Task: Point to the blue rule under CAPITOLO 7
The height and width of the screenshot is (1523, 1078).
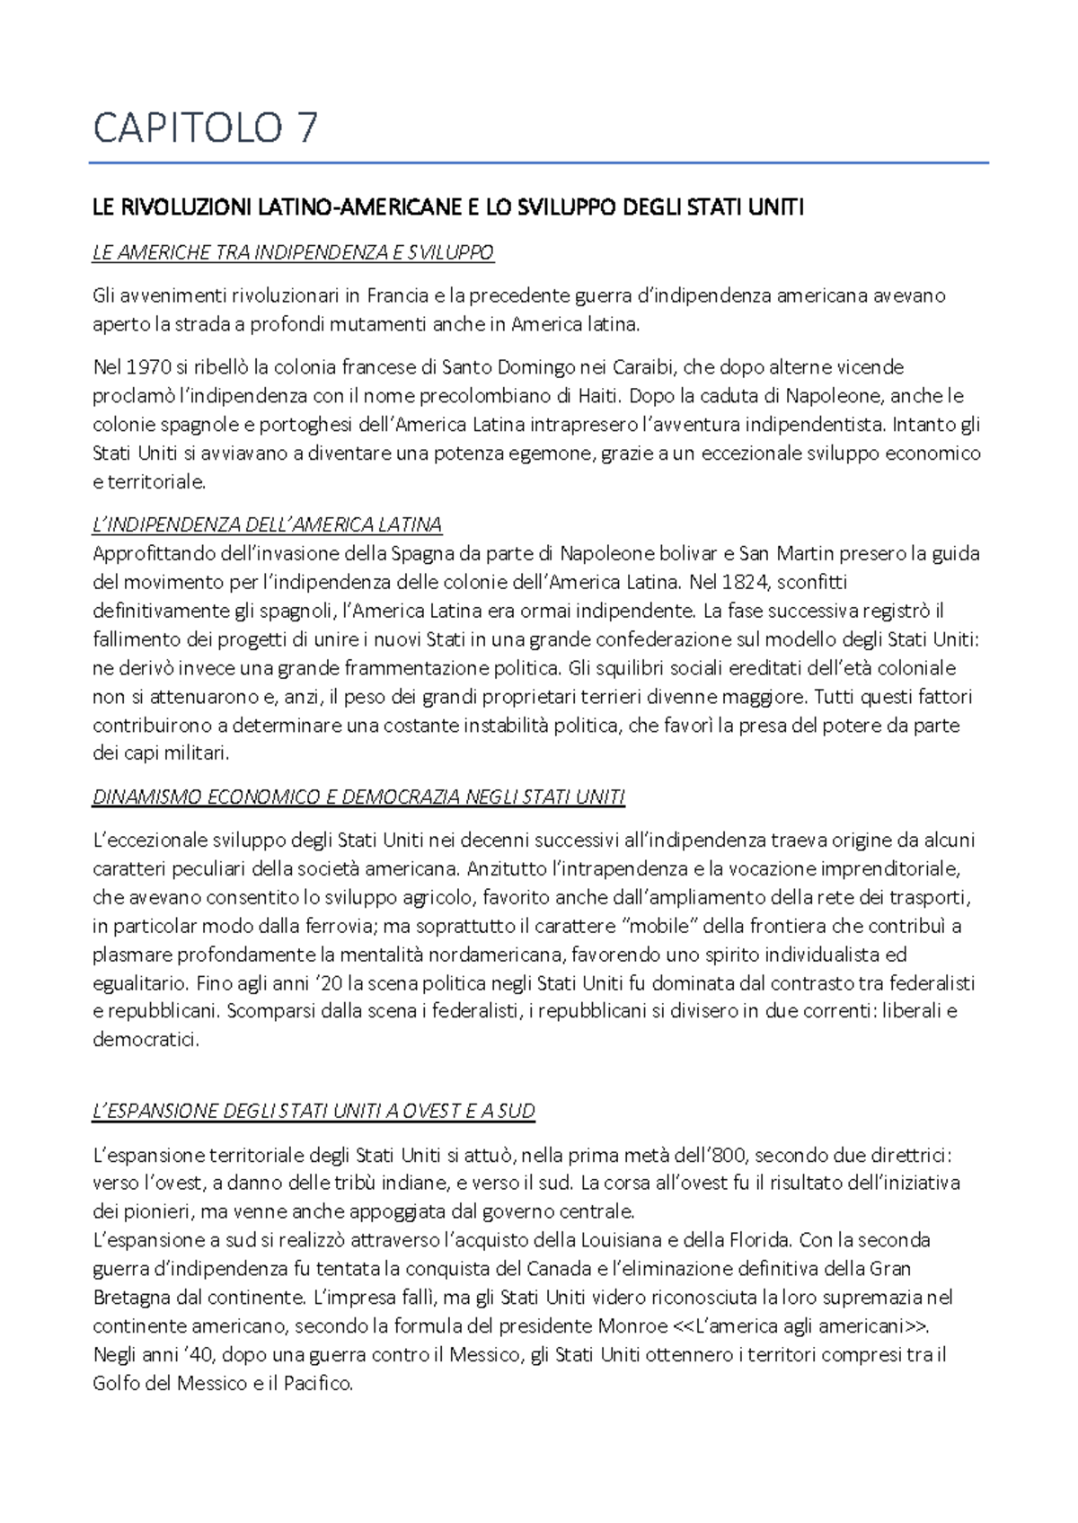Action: point(539,163)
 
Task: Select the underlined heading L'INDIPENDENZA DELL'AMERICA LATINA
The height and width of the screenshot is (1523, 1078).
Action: point(267,524)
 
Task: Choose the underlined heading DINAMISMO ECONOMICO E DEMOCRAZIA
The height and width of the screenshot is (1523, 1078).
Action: point(358,797)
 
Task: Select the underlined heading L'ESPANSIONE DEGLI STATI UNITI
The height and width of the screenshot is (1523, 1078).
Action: point(314,1111)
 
